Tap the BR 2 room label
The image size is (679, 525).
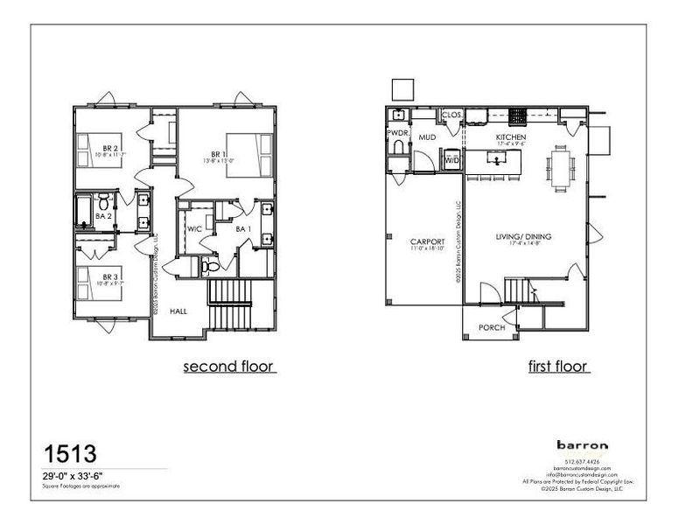110,147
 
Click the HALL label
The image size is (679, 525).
178,311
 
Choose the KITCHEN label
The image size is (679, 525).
510,138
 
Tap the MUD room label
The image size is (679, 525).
427,138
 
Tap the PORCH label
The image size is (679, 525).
492,329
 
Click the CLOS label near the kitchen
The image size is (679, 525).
451,115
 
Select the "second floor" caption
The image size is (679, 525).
230,367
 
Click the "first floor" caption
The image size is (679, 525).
558,367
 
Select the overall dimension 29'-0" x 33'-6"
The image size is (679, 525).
79,475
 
